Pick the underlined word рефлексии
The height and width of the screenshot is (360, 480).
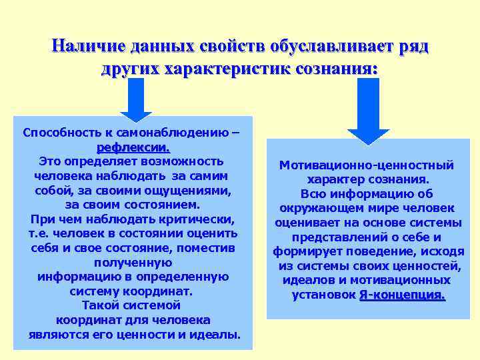point(133,147)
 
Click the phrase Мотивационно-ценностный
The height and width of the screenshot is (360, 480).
point(367,165)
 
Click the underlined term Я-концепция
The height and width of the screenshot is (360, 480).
point(402,295)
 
